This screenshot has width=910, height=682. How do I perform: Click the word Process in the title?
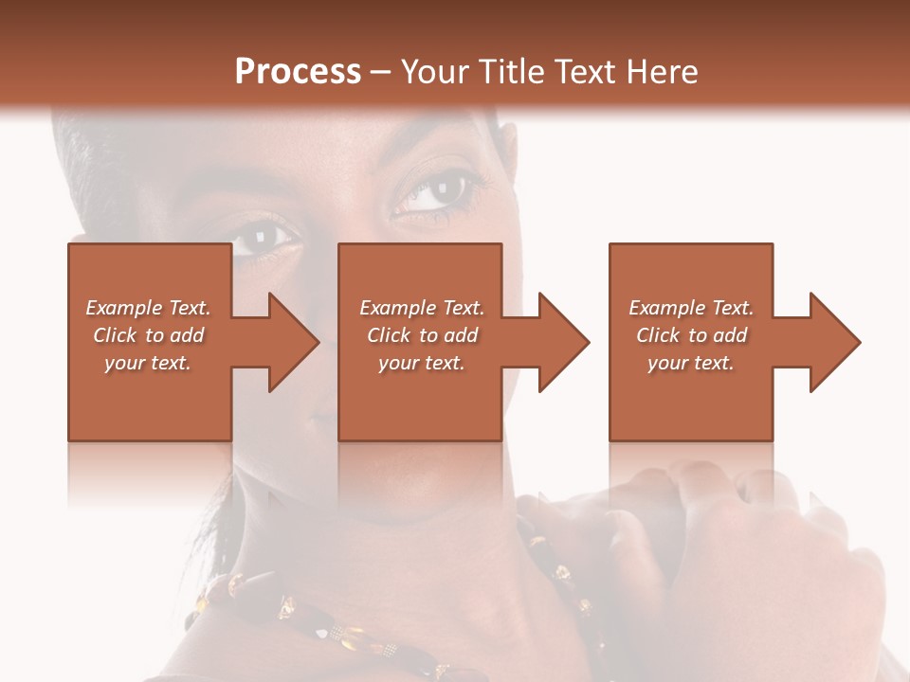298,72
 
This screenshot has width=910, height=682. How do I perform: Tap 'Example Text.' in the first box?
148,308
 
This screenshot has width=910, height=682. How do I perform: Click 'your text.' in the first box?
148,363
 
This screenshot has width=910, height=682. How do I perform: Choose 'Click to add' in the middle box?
422,335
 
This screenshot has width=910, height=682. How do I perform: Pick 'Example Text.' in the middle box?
422,308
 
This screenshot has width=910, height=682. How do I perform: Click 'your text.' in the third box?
691,363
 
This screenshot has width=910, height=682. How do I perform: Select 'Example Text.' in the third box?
691,308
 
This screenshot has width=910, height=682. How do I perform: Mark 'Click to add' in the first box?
148,335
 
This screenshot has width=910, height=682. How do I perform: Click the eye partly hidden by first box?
261,237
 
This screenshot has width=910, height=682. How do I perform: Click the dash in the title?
381,72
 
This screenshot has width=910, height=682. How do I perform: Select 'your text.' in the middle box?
422,363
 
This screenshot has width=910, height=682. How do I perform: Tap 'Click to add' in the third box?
691,335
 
